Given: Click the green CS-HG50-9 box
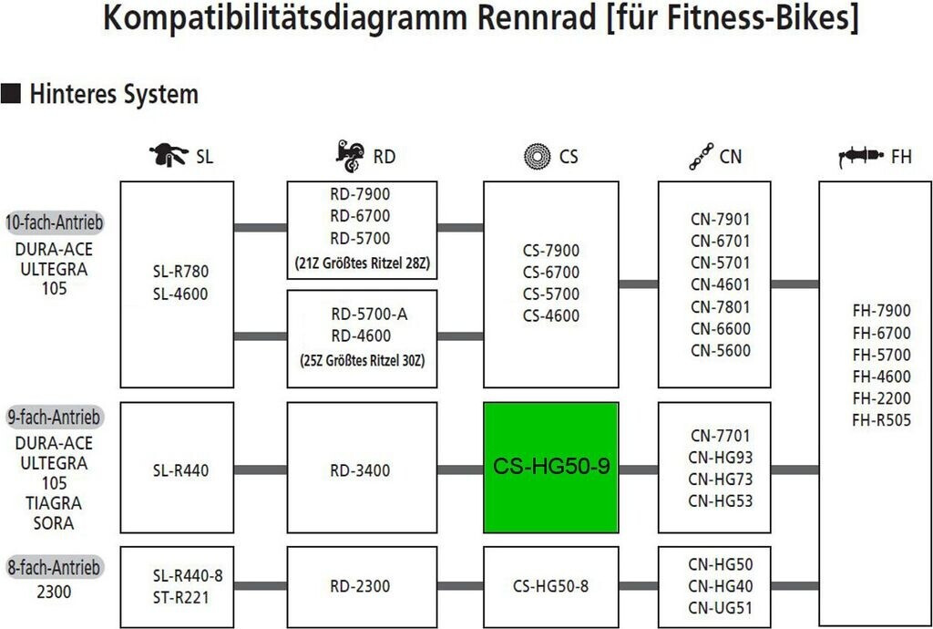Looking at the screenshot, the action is pyautogui.click(x=551, y=467).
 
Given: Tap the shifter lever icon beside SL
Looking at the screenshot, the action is pyautogui.click(x=169, y=156).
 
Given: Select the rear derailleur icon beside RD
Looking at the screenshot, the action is pyautogui.click(x=350, y=155).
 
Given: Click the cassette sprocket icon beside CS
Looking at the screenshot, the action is pyautogui.click(x=538, y=156).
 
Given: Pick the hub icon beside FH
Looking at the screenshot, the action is pyautogui.click(x=860, y=157).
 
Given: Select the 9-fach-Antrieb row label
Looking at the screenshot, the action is pyautogui.click(x=53, y=418).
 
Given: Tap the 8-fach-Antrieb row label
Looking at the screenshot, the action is pyautogui.click(x=53, y=566).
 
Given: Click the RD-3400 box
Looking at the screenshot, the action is pyautogui.click(x=361, y=470).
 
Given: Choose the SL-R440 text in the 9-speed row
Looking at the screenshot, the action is pyautogui.click(x=181, y=470).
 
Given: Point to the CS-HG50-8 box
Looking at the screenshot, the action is pyautogui.click(x=550, y=585).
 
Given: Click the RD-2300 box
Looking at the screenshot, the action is pyautogui.click(x=361, y=585).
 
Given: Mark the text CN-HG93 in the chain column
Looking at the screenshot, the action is pyautogui.click(x=721, y=457).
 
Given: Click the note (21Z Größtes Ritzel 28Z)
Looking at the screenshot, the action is pyautogui.click(x=362, y=264).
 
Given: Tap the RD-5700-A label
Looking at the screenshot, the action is pyautogui.click(x=361, y=314).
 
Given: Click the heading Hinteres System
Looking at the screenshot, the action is pyautogui.click(x=113, y=94).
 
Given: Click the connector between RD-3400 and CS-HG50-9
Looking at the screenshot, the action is pyautogui.click(x=460, y=470).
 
